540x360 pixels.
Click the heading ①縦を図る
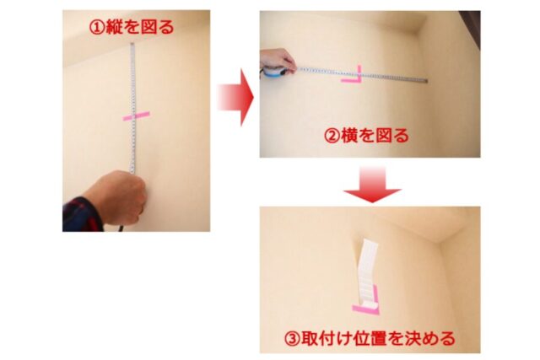pyautogui.click(x=132, y=27)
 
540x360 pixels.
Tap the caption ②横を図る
pyautogui.click(x=366, y=135)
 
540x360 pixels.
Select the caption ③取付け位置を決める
pyautogui.click(x=370, y=339)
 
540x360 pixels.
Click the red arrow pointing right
pyautogui.click(x=235, y=98)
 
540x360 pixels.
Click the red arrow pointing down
pyautogui.click(x=372, y=185)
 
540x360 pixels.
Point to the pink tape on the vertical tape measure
pyautogui.click(x=137, y=116)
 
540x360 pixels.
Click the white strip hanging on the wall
pyautogui.click(x=366, y=271)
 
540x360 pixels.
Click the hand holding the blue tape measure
pyautogui.click(x=278, y=61)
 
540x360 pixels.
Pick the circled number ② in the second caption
pyautogui.click(x=332, y=136)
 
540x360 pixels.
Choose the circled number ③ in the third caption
pyautogui.click(x=292, y=339)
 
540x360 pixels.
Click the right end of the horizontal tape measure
pyautogui.click(x=427, y=81)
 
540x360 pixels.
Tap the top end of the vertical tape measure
pyautogui.click(x=132, y=44)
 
